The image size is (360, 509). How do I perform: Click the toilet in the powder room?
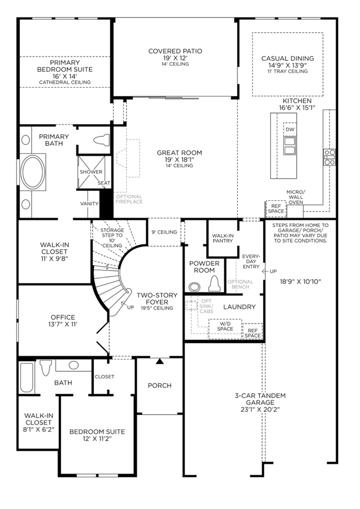(214, 284)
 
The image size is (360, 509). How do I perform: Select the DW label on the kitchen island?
(290, 129)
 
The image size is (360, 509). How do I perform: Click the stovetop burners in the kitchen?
(329, 157)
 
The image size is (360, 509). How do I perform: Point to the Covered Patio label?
(175, 51)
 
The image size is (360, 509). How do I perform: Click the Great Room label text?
(179, 153)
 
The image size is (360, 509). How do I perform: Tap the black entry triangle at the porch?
(159, 361)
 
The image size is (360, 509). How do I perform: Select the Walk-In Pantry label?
(223, 238)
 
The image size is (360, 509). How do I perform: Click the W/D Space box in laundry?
(225, 329)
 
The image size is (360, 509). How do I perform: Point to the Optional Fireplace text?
(129, 199)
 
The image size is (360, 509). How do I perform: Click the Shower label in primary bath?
(91, 172)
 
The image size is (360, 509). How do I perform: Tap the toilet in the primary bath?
(102, 140)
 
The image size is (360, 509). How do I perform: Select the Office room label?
(63, 317)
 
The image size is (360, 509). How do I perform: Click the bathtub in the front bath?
(27, 377)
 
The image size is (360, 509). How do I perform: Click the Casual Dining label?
(288, 58)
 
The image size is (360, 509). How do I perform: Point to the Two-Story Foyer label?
(157, 299)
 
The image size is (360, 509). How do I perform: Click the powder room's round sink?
(194, 287)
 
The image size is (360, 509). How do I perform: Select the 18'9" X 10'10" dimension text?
(300, 282)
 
